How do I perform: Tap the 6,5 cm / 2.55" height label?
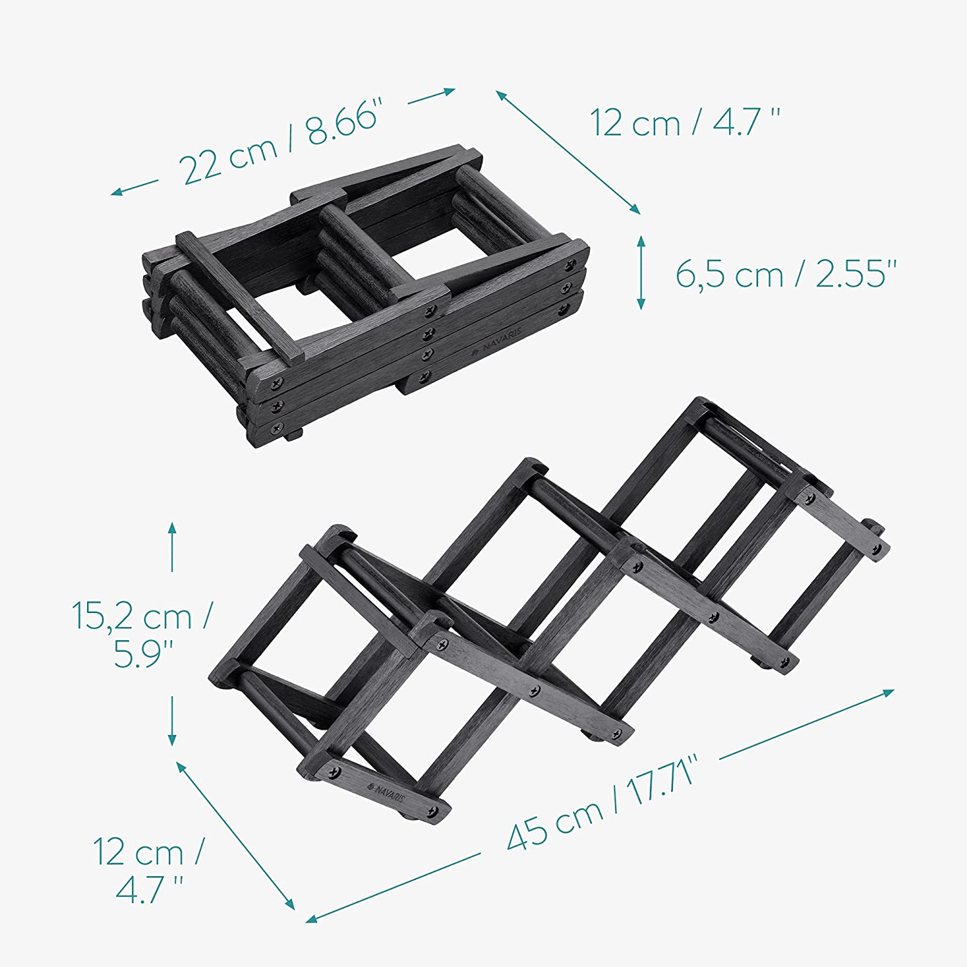click(x=786, y=273)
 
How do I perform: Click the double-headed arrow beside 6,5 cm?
click(x=641, y=272)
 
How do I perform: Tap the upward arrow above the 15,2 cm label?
click(x=172, y=547)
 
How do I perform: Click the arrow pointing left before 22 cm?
click(x=134, y=188)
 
